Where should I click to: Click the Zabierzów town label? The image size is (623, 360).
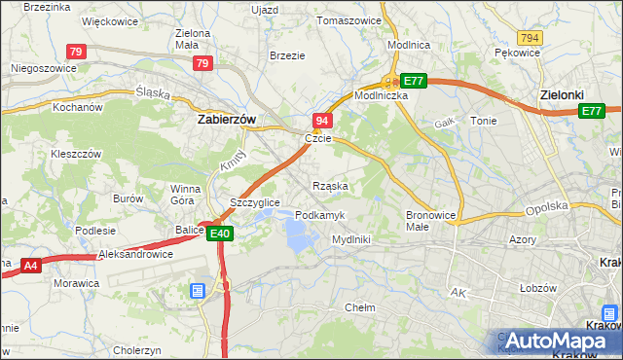[226, 120]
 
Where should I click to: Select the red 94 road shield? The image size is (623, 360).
[322, 120]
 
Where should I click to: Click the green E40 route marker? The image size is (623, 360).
[219, 233]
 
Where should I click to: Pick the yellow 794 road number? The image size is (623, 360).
[530, 37]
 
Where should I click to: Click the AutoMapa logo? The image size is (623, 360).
[556, 340]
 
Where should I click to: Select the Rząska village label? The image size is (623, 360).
[330, 185]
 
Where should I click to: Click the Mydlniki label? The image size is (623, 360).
[350, 238]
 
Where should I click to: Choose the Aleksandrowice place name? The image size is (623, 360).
[135, 254]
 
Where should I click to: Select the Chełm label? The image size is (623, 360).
[361, 306]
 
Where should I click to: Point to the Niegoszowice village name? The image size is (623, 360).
[43, 69]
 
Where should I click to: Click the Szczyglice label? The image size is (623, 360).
[255, 202]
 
